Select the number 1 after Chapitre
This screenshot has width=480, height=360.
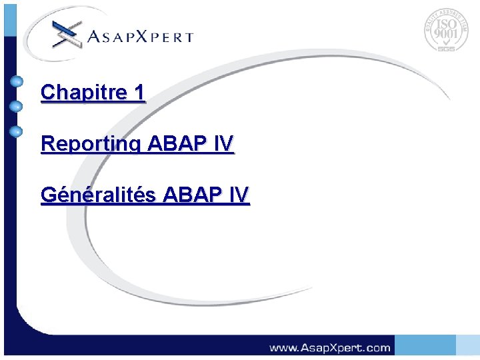pos(138,93)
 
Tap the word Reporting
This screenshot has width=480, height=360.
pos(91,144)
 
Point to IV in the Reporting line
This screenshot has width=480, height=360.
pos(225,143)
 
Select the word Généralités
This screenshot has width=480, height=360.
pos(99,195)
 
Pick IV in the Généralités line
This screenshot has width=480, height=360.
pos(239,195)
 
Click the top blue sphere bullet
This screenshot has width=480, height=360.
pos(17,83)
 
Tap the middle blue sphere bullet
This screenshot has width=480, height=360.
pos(17,106)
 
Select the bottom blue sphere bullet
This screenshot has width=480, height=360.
pos(17,131)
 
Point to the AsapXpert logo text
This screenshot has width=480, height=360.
pos(140,37)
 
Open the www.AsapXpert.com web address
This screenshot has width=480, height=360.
pos(329,347)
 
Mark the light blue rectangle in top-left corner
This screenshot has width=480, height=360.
pos(9,17)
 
